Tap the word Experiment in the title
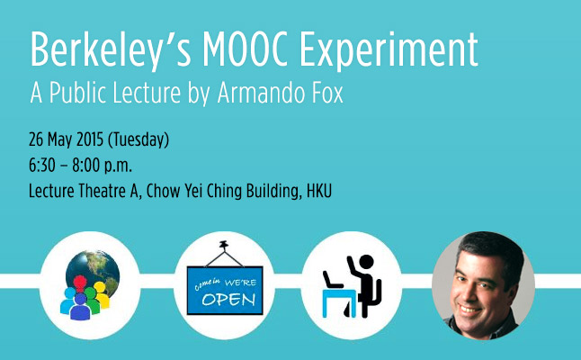[389, 51]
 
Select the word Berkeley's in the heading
[111, 51]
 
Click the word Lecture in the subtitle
[147, 93]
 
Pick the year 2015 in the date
[90, 139]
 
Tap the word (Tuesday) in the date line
[139, 140]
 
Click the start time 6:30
[42, 166]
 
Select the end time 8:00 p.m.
[102, 166]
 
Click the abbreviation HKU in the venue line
[319, 192]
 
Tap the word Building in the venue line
[272, 192]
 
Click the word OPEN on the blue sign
[229, 299]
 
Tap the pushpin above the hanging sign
[223, 245]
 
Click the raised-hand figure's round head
[366, 262]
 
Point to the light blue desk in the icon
[339, 302]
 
